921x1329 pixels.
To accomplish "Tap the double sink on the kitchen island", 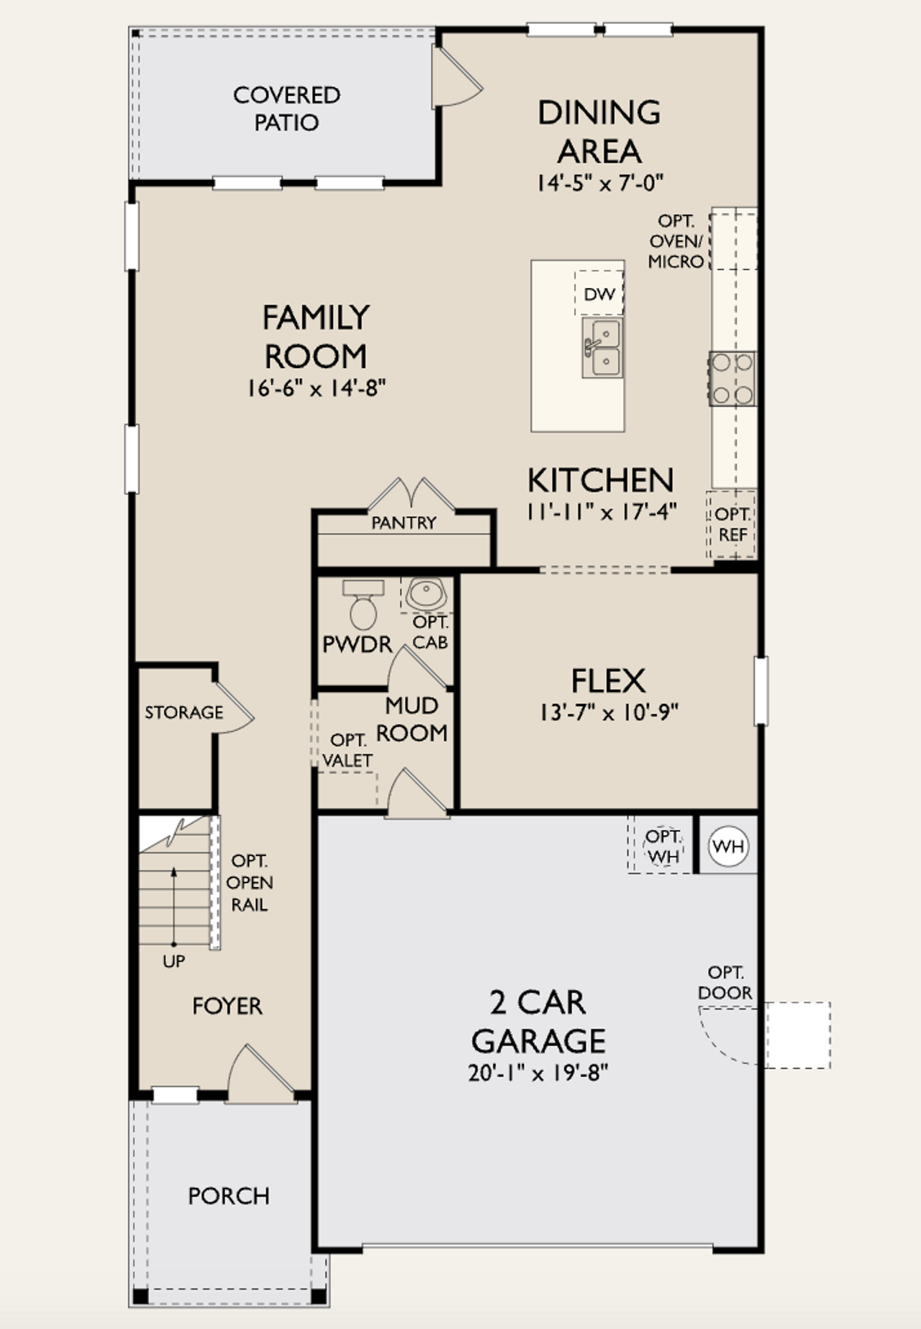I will click(603, 348).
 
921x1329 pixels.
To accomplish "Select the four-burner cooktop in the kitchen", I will click(732, 379).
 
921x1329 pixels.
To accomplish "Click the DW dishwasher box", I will click(599, 293).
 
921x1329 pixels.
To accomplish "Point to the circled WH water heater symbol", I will click(728, 846).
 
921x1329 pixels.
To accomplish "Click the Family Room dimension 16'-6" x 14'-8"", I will click(316, 389).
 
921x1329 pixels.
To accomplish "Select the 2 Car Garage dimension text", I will click(538, 1073).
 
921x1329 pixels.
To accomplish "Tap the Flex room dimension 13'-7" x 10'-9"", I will click(609, 713).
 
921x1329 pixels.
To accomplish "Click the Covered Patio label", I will click(286, 109).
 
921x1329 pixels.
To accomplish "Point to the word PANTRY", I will click(404, 523).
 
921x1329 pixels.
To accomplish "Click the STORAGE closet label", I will click(184, 712).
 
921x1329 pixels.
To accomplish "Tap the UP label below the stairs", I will click(173, 961).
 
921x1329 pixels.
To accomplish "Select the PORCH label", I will click(229, 1196).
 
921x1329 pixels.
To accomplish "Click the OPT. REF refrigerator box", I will click(732, 524).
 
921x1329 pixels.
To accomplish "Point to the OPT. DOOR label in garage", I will click(725, 983).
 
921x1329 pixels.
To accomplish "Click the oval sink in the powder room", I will click(426, 595).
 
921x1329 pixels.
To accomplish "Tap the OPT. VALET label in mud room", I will click(348, 750).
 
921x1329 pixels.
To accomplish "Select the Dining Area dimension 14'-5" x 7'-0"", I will click(599, 183).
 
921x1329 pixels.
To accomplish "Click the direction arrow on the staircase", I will click(173, 907).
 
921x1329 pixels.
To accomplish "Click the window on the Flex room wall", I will click(761, 690).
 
